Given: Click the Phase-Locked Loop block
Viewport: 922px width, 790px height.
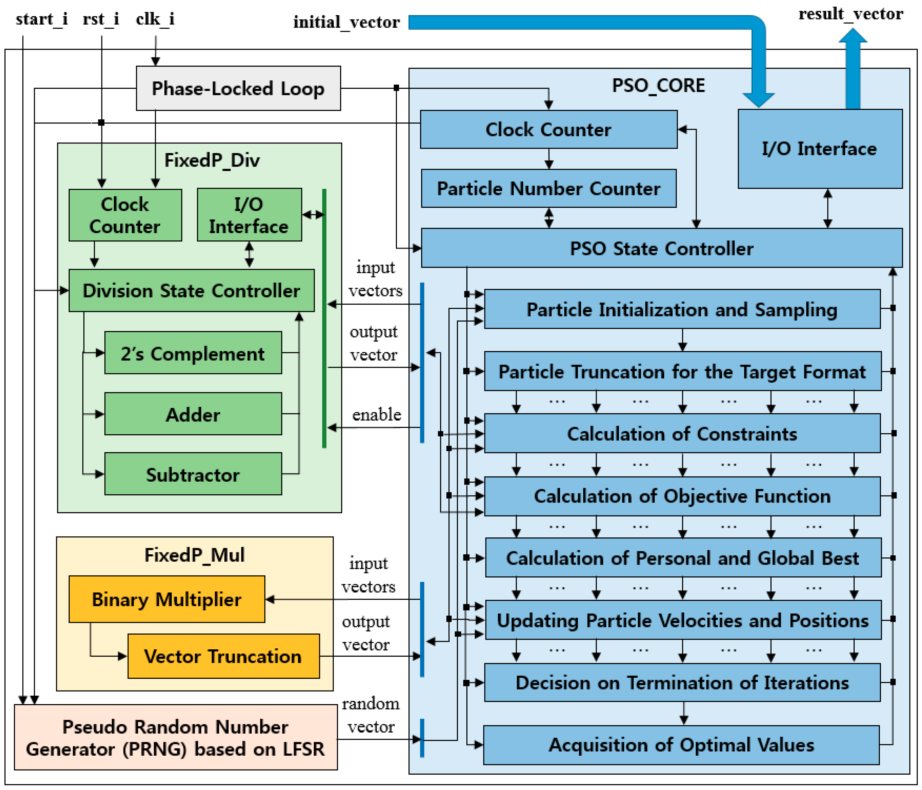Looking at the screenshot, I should [238, 88].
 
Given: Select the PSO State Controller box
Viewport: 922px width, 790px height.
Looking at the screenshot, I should [661, 248].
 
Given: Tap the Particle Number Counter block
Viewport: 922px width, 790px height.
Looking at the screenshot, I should [548, 188].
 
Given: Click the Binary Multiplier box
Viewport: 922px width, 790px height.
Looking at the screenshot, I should [167, 599].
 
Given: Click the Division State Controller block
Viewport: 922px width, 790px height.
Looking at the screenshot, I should [191, 290].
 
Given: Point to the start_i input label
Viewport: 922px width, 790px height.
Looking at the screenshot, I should [41, 19].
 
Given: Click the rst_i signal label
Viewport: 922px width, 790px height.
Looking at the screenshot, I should [101, 19].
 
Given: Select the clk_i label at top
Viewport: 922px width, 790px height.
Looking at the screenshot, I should [155, 19].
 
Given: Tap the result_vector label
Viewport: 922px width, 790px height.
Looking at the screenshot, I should [850, 14].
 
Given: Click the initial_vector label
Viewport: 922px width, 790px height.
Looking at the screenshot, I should [346, 22].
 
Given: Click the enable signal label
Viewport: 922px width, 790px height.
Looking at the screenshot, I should [376, 415].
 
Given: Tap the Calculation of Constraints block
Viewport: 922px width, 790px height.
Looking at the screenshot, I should [682, 433].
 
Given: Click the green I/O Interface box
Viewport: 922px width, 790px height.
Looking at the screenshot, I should [249, 215].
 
